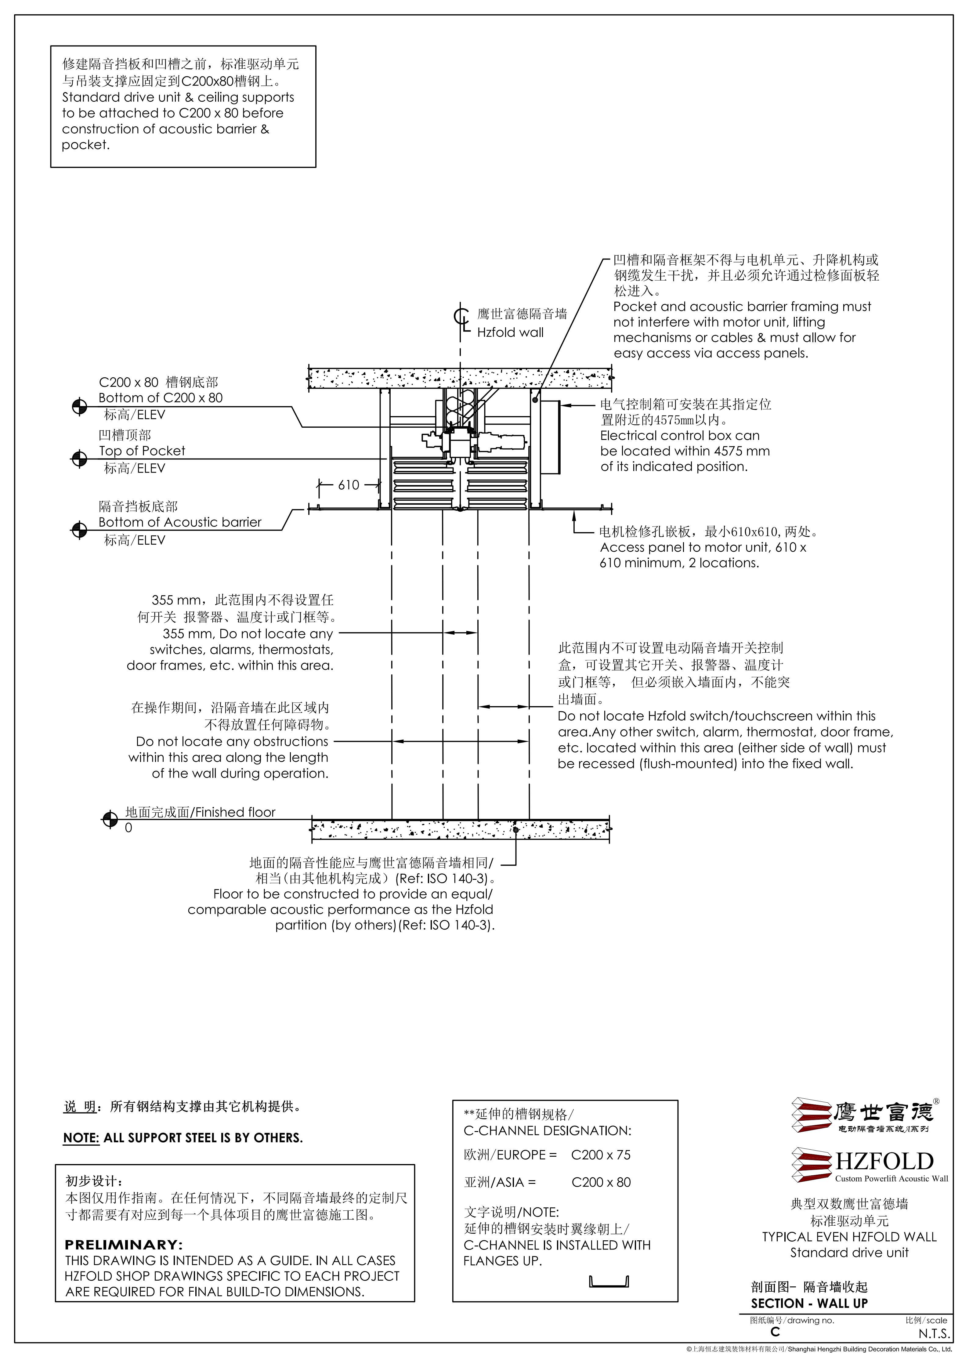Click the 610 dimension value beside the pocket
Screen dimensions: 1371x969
click(349, 485)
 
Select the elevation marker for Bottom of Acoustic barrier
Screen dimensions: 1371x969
click(79, 530)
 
